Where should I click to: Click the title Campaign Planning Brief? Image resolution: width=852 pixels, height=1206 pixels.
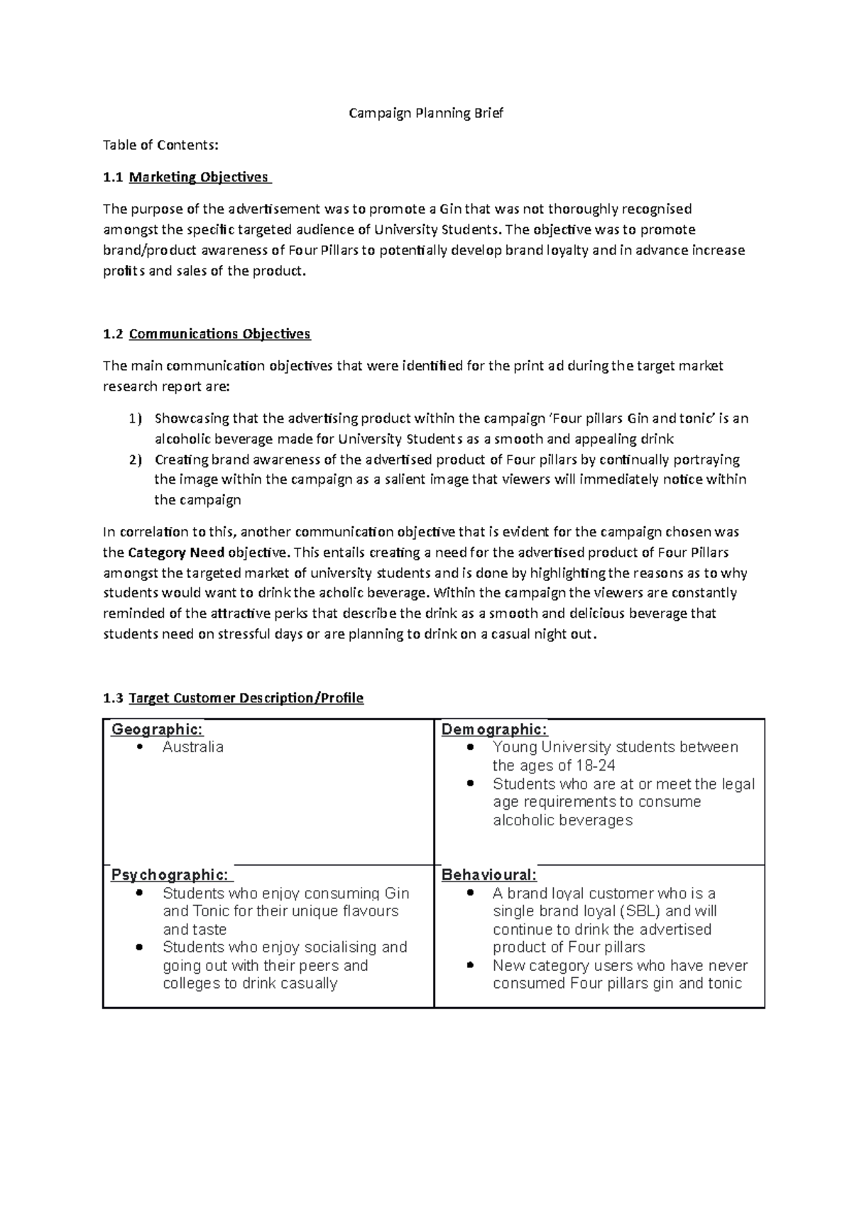pos(425,113)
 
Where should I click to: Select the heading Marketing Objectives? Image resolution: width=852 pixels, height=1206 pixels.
pos(199,177)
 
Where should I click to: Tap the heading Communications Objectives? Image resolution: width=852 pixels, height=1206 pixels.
pos(219,334)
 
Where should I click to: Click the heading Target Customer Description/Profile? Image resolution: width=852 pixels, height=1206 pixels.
pos(246,698)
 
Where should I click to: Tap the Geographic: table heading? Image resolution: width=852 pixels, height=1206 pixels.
pos(157,729)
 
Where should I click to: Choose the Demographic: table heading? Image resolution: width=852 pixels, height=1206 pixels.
pos(494,729)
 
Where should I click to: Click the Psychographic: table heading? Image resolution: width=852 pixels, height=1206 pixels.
pos(170,874)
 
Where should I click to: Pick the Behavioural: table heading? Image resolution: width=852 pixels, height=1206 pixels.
pos(489,874)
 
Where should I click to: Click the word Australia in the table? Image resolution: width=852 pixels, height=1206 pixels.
pos(192,747)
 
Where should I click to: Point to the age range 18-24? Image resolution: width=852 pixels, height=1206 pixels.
pos(595,766)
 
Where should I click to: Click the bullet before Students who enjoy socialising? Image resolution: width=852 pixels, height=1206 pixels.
pos(140,947)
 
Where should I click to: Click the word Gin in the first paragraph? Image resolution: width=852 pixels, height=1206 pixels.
pos(449,209)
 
